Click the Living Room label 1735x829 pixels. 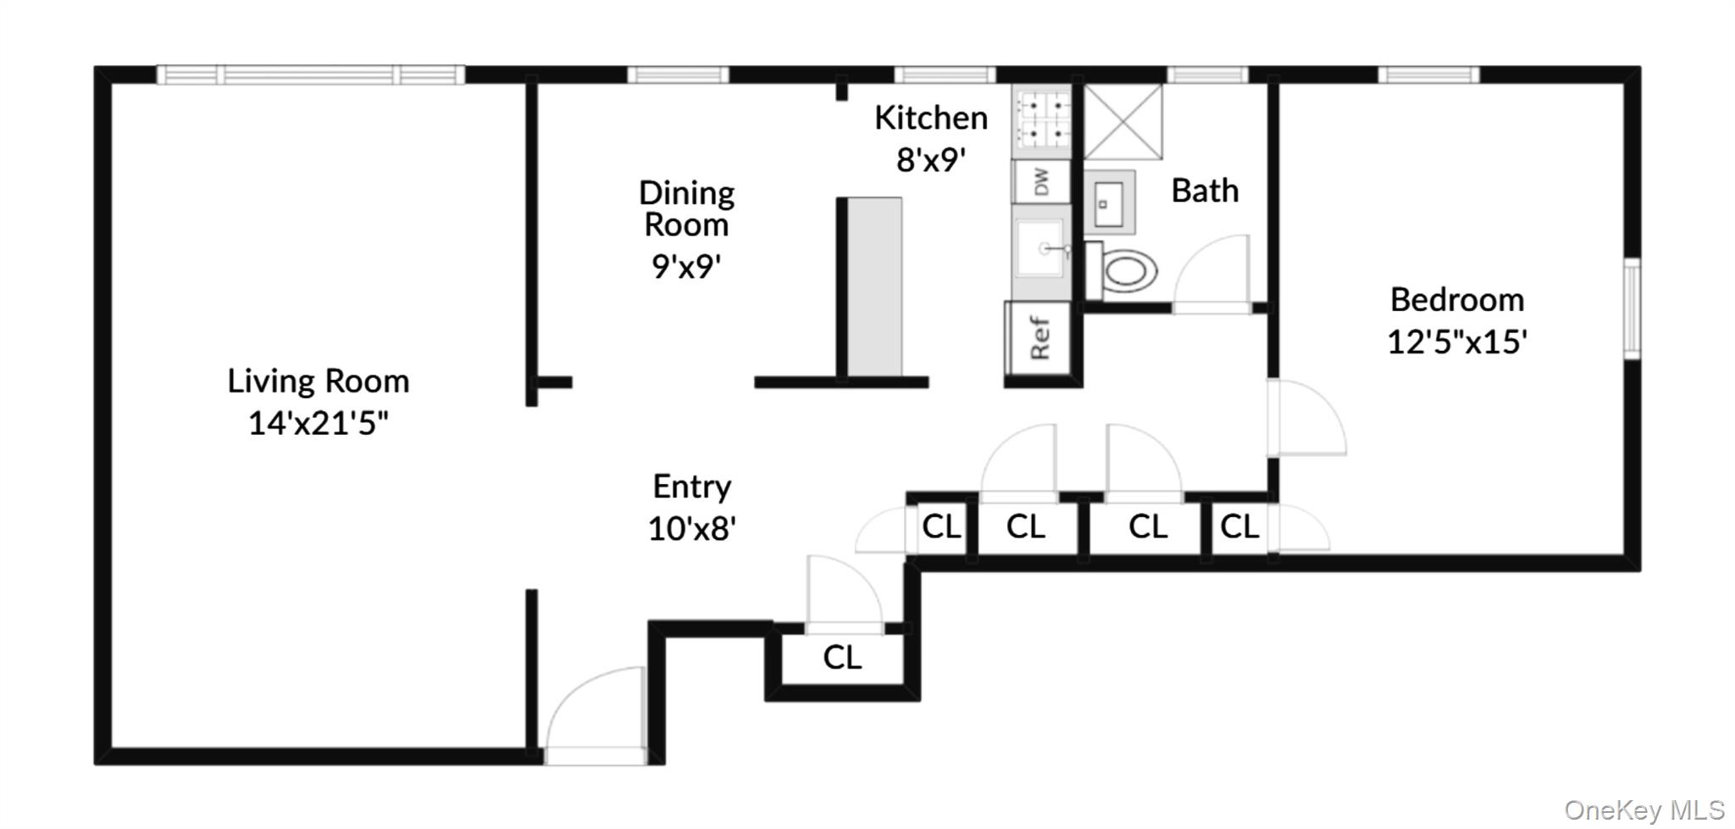[x=318, y=381]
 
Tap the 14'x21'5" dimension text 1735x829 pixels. [x=318, y=423]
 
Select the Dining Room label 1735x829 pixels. [x=686, y=209]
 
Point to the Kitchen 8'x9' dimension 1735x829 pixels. [x=931, y=159]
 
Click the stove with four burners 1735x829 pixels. [x=1043, y=120]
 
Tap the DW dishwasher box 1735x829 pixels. [x=1042, y=181]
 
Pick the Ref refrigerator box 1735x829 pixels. [x=1039, y=338]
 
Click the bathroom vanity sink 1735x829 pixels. [x=1109, y=203]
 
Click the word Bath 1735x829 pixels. [x=1205, y=191]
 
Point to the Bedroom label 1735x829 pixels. [x=1457, y=300]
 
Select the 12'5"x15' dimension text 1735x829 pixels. [x=1457, y=342]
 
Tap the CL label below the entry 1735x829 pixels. [x=842, y=657]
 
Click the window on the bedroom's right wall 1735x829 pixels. [x=1632, y=309]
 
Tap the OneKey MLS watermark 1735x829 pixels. [x=1644, y=810]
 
